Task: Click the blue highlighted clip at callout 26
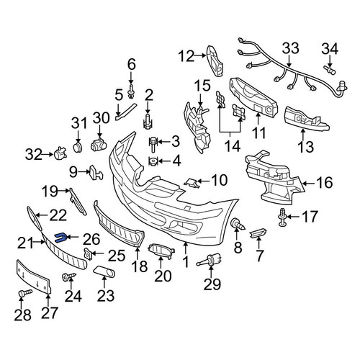pyautogui.click(x=60, y=238)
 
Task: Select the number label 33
pyautogui.click(x=290, y=48)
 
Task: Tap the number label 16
pyautogui.click(x=324, y=183)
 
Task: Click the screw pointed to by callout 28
pyautogui.click(x=24, y=293)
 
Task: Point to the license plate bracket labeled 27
pyautogui.click(x=33, y=277)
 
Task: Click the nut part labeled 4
pyautogui.click(x=153, y=161)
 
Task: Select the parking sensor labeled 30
pyautogui.click(x=99, y=145)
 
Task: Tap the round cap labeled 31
pyautogui.click(x=78, y=147)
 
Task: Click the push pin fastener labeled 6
pyautogui.click(x=131, y=91)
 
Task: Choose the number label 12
pyautogui.click(x=186, y=56)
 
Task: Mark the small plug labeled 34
pyautogui.click(x=330, y=70)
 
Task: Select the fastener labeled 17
pyautogui.click(x=282, y=217)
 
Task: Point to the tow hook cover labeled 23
pyautogui.click(x=104, y=271)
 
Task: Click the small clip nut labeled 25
pyautogui.click(x=88, y=254)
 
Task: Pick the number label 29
pyautogui.click(x=212, y=284)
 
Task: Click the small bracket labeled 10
pyautogui.click(x=192, y=183)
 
